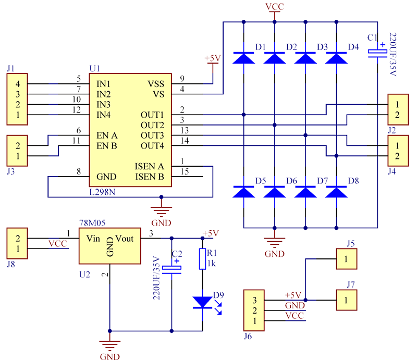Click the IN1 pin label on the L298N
point(104,83)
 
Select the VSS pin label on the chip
point(155,83)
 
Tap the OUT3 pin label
point(152,135)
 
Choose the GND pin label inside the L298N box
point(106,177)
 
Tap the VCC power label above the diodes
point(274,7)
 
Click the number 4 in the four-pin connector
point(18,83)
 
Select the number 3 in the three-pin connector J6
point(255,301)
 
